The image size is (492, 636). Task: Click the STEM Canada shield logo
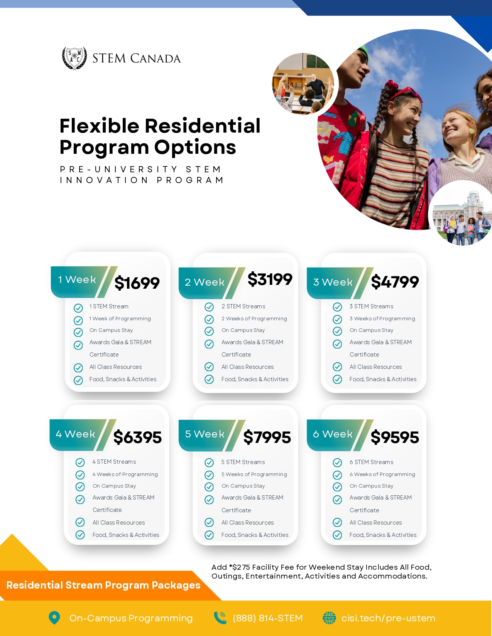pos(74,58)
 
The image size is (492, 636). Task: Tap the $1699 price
pos(137,283)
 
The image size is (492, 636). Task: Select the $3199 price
pos(270,279)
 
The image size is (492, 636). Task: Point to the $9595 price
pos(395,437)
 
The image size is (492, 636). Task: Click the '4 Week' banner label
pos(75,434)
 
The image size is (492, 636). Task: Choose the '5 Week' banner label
pos(205,434)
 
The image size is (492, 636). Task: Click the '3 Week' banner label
pos(333,282)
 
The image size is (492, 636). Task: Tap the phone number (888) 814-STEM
pos(267,618)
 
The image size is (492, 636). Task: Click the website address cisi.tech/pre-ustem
pos(388,618)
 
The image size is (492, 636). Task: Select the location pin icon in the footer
pos(54,617)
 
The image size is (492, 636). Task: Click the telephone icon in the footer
pos(220,617)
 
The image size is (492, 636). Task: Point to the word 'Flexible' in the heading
pos(99,126)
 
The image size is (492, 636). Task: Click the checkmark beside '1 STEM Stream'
pos(78,308)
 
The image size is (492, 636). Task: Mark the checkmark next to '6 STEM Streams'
pos(337,463)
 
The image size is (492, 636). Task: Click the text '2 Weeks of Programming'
pos(254,318)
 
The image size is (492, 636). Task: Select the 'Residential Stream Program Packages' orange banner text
pos(103,585)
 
